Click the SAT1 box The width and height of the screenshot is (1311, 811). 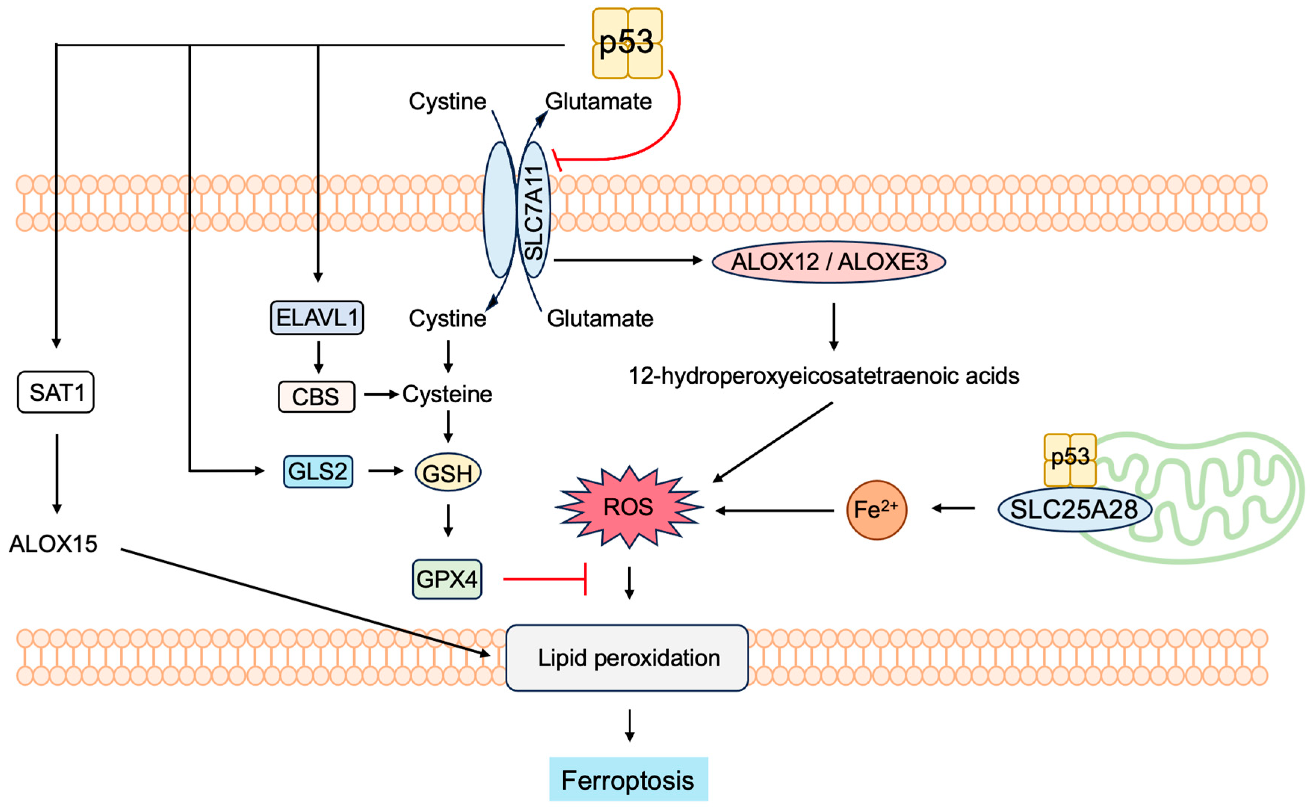pyautogui.click(x=55, y=392)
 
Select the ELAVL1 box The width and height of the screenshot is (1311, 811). pyautogui.click(x=316, y=318)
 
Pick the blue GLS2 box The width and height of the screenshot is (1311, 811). pyautogui.click(x=318, y=471)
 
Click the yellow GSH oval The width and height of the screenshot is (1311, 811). pyautogui.click(x=448, y=473)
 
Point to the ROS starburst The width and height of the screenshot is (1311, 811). pyautogui.click(x=629, y=507)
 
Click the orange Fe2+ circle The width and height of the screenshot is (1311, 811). pyautogui.click(x=876, y=510)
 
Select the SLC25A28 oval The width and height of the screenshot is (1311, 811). pyautogui.click(x=1074, y=509)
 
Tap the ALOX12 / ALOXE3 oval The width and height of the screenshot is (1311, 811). pyautogui.click(x=828, y=262)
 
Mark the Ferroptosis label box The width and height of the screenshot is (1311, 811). pyautogui.click(x=628, y=780)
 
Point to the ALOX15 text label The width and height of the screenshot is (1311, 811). pyautogui.click(x=53, y=544)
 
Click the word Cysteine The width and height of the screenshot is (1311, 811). pyautogui.click(x=447, y=394)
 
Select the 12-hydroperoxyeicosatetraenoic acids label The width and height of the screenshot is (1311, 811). pyautogui.click(x=824, y=375)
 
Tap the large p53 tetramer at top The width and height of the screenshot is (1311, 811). pyautogui.click(x=627, y=43)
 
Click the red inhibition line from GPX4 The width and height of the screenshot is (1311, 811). pyautogui.click(x=544, y=579)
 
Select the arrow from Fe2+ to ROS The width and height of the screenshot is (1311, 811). pyautogui.click(x=775, y=511)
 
